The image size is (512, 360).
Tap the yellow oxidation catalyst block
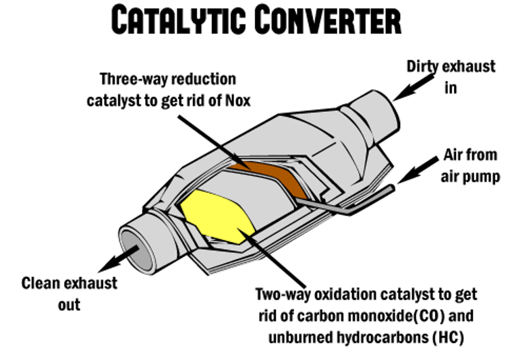coord(215,215)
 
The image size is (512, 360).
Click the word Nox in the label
coord(237,101)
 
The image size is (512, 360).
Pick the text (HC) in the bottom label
coord(448,337)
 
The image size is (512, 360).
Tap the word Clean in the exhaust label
coord(42,284)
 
